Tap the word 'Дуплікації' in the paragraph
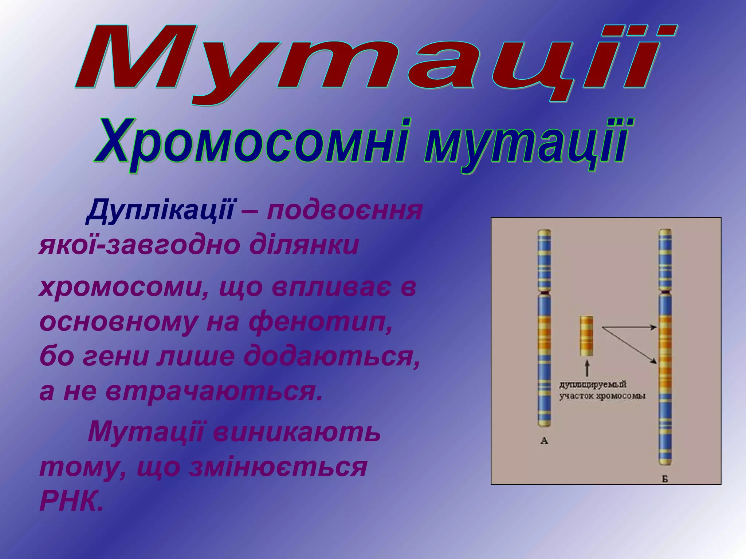point(160,210)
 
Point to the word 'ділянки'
point(304,246)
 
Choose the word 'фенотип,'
point(321,322)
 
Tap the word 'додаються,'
point(331,357)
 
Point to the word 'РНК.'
point(71,501)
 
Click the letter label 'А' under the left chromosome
point(544,441)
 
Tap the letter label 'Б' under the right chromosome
point(665,479)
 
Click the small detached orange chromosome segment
point(586,336)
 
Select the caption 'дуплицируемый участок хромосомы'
point(602,390)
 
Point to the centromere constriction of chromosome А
point(544,292)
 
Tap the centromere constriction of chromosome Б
point(665,292)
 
